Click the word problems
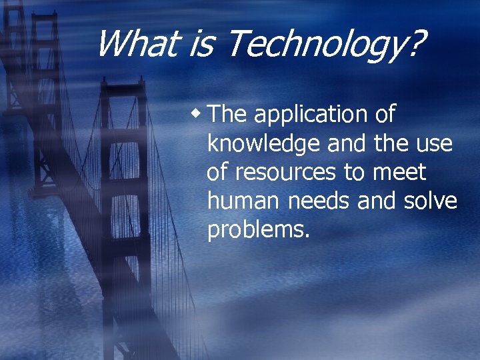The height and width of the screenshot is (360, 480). tap(259, 230)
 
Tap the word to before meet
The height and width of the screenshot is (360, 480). tap(354, 172)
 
